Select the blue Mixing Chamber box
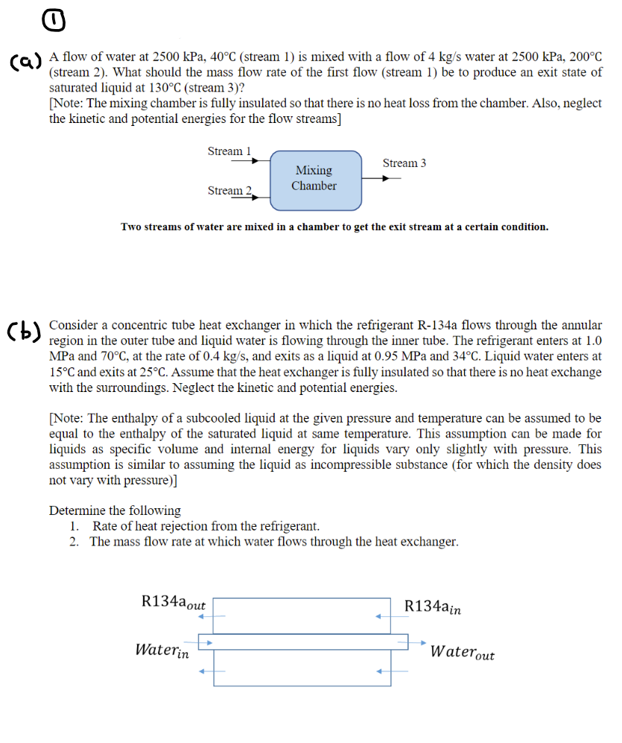pos(314,178)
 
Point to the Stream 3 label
pos(404,163)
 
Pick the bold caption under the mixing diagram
pos(334,227)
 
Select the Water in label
pos(162,650)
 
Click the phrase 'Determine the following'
pos(115,510)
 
